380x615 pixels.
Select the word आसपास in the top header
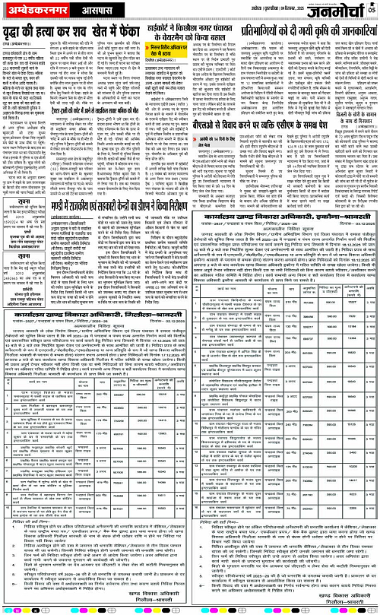point(97,11)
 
